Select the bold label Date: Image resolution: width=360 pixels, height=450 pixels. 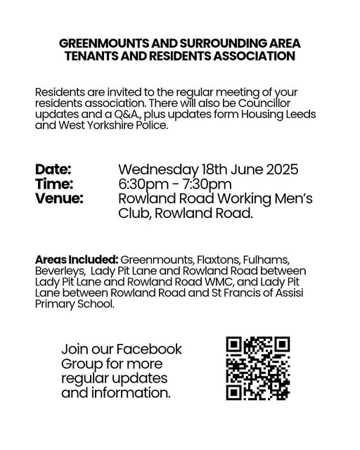click(53, 169)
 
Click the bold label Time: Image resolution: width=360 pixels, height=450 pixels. click(53, 184)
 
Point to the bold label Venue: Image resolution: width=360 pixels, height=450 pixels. click(58, 199)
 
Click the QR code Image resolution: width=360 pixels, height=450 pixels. click(257, 368)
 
